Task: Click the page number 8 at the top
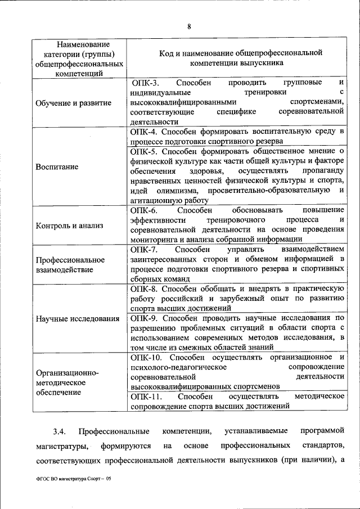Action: click(189, 26)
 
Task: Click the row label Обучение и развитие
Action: click(73, 103)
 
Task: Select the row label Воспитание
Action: click(57, 167)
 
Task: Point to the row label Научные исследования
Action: click(78, 319)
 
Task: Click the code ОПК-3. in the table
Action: click(145, 83)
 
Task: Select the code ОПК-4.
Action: click(145, 132)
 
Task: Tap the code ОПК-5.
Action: click(145, 151)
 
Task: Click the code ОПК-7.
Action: click(145, 249)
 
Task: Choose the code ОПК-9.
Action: click(145, 318)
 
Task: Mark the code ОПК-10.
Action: click(146, 357)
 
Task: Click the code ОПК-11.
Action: click(146, 397)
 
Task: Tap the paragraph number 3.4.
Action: click(60, 431)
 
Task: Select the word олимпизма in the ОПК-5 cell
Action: click(167, 191)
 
